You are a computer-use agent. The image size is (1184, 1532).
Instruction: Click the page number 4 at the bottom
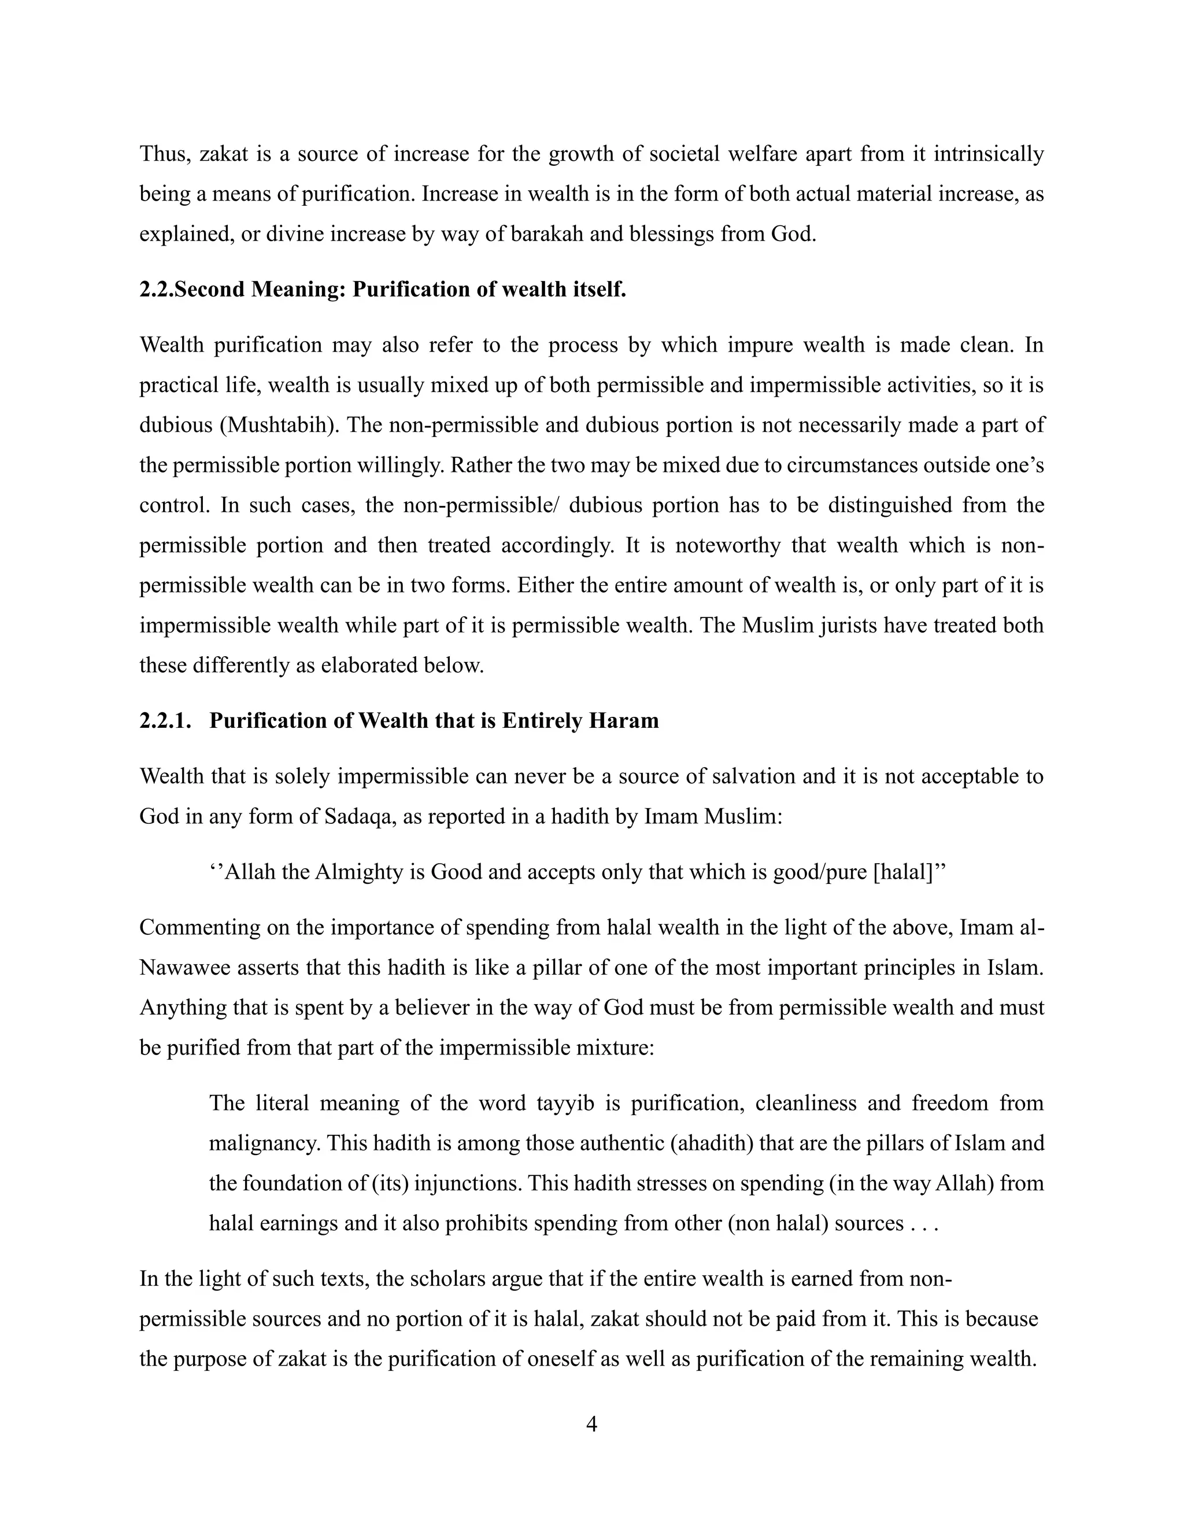[x=591, y=1424]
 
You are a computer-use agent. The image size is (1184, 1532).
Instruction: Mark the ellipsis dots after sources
[x=924, y=1223]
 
